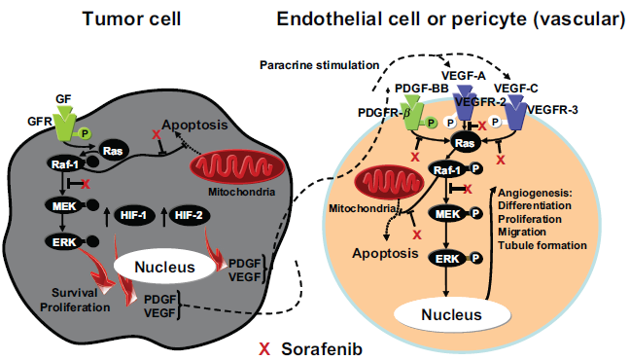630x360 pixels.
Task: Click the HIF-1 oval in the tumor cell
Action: (x=134, y=216)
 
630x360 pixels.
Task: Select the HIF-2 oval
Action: (x=189, y=216)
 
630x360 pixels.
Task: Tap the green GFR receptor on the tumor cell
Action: (x=65, y=123)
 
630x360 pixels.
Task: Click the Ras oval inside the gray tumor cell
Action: (x=112, y=151)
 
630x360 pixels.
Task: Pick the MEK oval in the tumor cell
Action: (x=64, y=206)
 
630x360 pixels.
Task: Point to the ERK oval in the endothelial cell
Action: (x=447, y=259)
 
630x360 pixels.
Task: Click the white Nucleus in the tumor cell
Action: (x=164, y=267)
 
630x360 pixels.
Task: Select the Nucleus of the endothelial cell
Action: (x=452, y=314)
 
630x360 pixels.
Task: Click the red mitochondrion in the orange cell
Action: (x=389, y=183)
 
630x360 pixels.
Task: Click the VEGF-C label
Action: (x=516, y=89)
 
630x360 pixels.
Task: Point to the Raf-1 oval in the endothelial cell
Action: (x=447, y=170)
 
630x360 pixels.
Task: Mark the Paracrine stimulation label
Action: (x=320, y=65)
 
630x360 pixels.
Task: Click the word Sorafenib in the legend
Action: (x=322, y=349)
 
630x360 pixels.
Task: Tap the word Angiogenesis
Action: (x=535, y=193)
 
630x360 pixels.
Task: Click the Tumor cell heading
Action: (x=131, y=18)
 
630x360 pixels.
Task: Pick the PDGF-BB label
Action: (x=422, y=89)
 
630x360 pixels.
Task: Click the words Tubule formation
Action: (x=542, y=245)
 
